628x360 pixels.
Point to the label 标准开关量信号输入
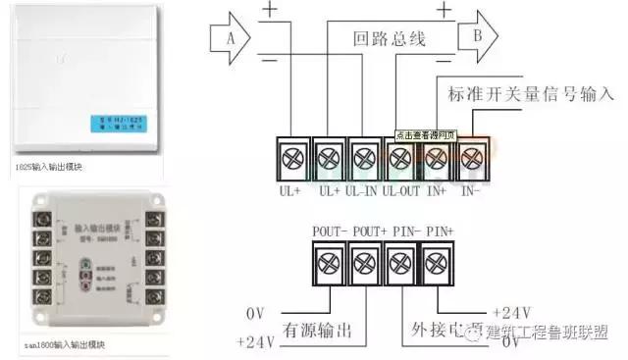tap(530, 94)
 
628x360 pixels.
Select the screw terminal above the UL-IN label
tap(364, 156)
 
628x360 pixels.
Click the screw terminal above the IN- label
tap(473, 156)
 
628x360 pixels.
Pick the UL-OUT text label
tap(400, 186)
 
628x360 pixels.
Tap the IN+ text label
tap(438, 186)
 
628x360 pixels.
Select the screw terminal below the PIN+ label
tap(438, 263)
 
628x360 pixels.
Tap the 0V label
tap(254, 313)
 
